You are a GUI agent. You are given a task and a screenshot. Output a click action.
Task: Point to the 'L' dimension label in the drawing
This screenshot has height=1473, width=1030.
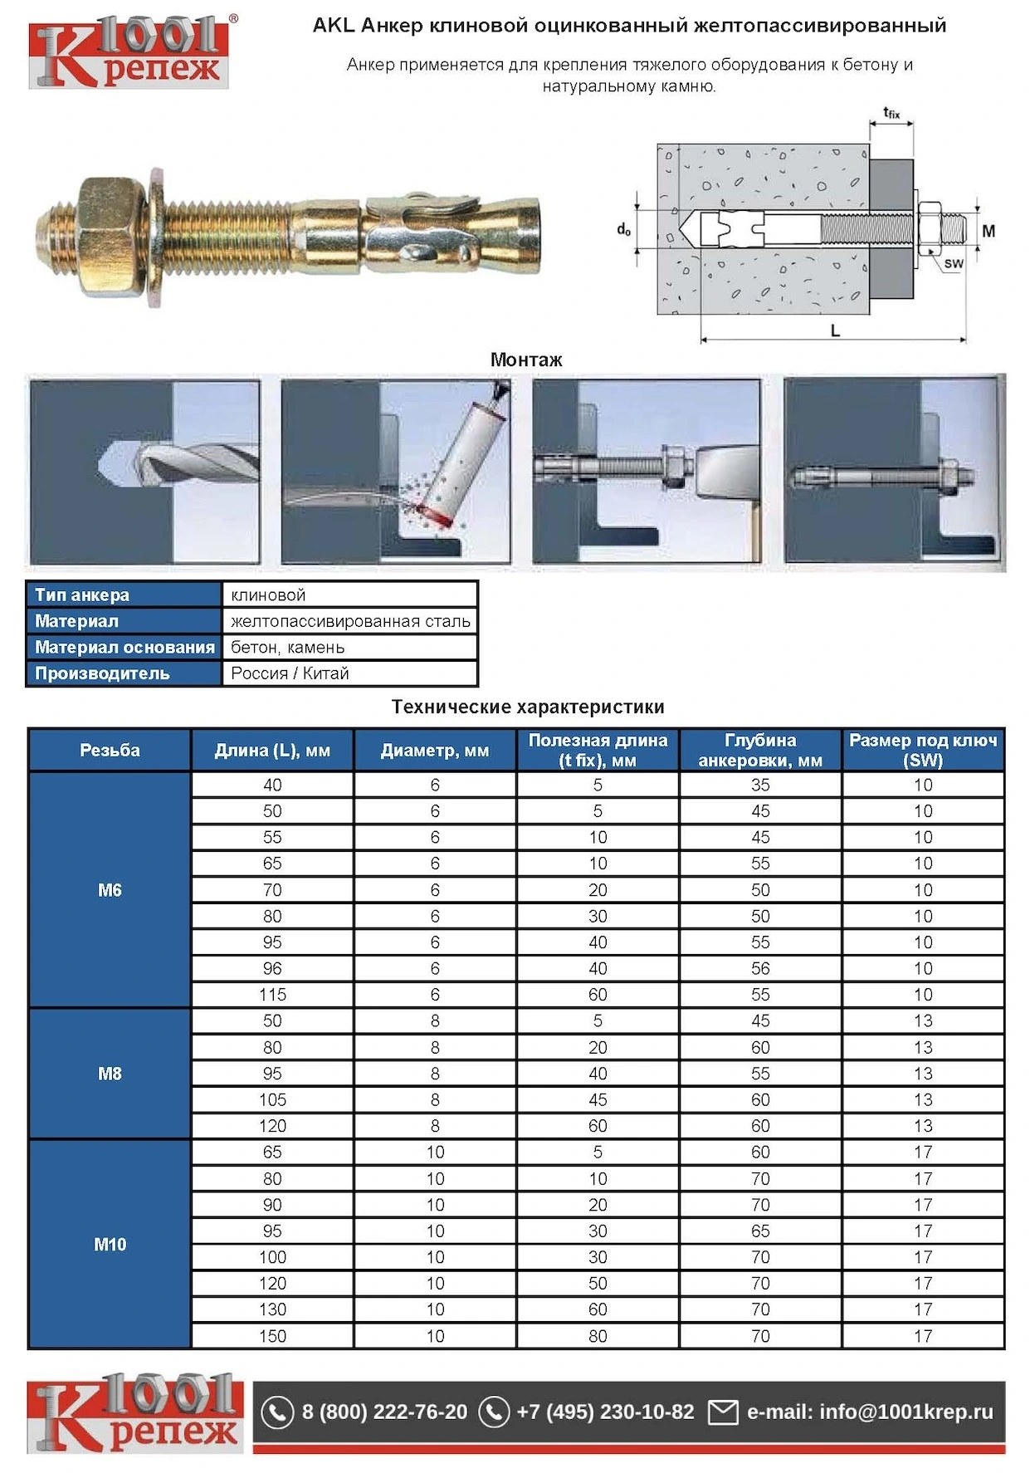click(x=835, y=330)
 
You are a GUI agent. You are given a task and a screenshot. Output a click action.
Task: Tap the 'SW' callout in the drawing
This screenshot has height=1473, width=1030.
click(x=954, y=263)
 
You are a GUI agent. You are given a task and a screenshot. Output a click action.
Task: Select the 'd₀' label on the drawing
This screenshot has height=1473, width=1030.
click(x=623, y=229)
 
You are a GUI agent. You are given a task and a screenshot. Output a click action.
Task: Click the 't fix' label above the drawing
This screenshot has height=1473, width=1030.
click(x=891, y=112)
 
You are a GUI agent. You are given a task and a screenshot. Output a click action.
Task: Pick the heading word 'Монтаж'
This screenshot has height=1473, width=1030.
click(x=526, y=360)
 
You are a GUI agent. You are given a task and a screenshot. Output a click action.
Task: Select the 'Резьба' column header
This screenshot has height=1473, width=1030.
click(x=110, y=750)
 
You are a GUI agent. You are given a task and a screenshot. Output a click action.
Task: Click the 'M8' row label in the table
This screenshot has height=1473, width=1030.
click(x=110, y=1074)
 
